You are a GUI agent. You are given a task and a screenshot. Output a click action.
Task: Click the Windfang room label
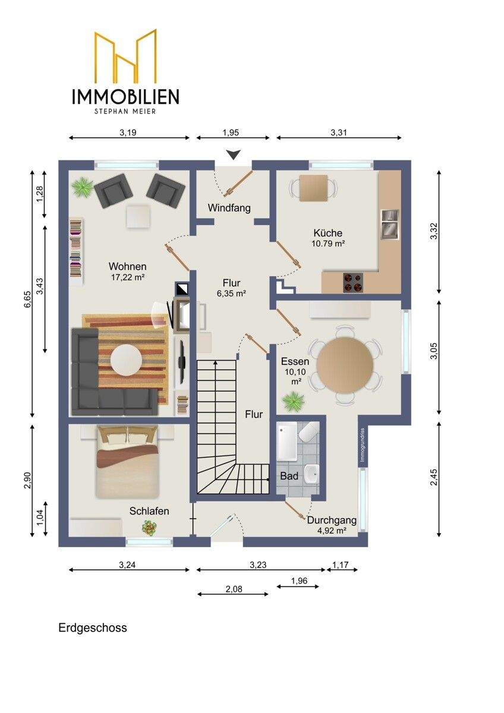(229, 208)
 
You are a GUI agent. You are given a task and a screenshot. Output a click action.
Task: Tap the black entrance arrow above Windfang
(234, 154)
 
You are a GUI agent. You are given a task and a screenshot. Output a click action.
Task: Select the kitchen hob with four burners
(353, 282)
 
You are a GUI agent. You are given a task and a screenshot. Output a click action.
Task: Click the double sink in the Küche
(390, 224)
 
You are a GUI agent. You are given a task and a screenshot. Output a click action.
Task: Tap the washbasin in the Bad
(311, 474)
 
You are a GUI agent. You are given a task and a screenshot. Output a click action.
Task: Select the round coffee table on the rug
(126, 359)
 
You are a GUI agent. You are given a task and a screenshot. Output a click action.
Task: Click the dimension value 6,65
(28, 299)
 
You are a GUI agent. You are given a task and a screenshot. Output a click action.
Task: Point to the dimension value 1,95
(231, 132)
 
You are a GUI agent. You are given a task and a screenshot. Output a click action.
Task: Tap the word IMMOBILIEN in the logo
(125, 96)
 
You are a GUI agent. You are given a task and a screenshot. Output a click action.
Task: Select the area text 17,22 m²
(128, 277)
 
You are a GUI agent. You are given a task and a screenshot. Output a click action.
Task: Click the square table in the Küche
(313, 188)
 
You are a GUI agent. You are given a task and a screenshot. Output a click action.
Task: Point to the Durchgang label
(332, 520)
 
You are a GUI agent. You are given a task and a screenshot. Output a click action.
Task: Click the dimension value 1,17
(341, 564)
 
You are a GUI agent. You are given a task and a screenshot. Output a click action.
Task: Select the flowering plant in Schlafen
(149, 528)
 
